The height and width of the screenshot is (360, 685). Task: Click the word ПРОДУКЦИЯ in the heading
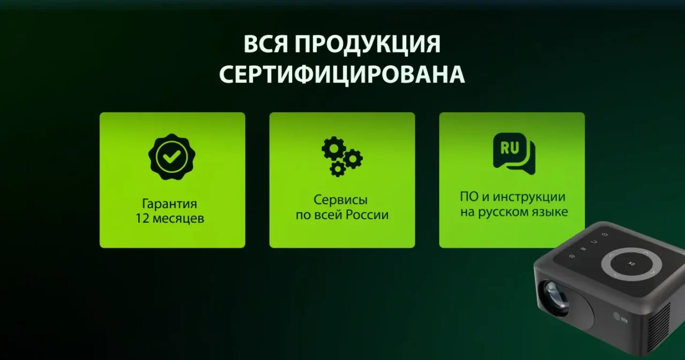pyautogui.click(x=367, y=44)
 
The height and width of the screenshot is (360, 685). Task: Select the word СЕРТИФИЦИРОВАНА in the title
pyautogui.click(x=342, y=75)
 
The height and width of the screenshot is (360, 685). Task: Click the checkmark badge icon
pyautogui.click(x=172, y=156)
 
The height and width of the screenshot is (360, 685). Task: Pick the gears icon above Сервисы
pyautogui.click(x=342, y=156)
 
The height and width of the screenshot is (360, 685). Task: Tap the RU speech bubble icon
pyautogui.click(x=513, y=154)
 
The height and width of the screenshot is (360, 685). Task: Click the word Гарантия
pyautogui.click(x=169, y=204)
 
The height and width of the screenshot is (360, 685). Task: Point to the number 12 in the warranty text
pyautogui.click(x=143, y=219)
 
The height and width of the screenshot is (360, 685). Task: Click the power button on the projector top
pyautogui.click(x=605, y=235)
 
